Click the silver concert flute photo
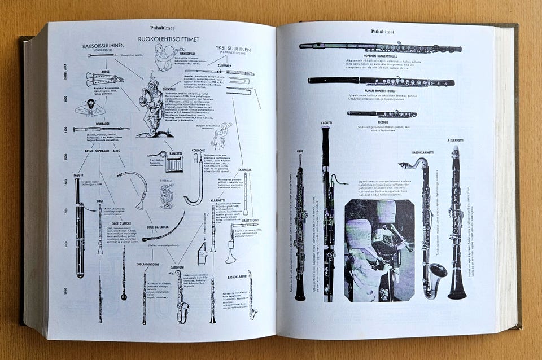(x=380, y=47)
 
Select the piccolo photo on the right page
(x=382, y=113)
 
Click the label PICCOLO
(x=382, y=122)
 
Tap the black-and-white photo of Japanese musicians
(x=379, y=249)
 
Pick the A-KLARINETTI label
(x=455, y=141)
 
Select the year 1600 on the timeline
(x=65, y=182)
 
